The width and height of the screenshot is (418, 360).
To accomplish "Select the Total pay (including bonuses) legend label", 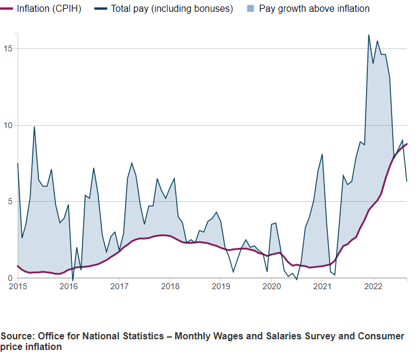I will click(172, 9).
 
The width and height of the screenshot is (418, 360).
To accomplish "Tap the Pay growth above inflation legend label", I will click(314, 9).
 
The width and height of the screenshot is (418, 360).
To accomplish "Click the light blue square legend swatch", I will click(251, 9).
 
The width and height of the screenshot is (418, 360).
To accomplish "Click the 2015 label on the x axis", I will click(18, 286).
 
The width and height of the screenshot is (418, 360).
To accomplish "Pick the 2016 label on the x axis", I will click(68, 286).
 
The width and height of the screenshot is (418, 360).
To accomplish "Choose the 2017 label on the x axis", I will click(119, 286).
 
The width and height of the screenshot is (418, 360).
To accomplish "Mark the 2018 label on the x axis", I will click(170, 286).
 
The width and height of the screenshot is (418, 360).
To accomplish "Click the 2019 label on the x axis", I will click(220, 286).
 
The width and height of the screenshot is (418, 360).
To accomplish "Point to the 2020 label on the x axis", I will click(271, 286).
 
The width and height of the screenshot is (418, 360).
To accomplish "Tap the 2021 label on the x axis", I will click(322, 286).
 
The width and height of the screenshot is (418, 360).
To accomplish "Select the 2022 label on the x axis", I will click(373, 286).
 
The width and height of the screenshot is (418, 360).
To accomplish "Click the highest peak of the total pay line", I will click(368, 35).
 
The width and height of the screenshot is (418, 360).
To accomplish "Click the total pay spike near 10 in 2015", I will click(34, 127).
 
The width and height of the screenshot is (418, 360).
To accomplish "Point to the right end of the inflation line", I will click(407, 144).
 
